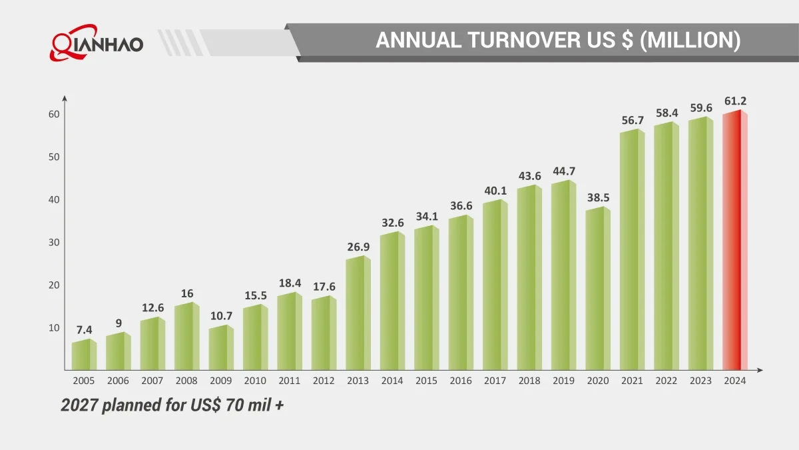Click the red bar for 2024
pyautogui.click(x=733, y=240)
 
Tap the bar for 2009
pyautogui.click(x=220, y=348)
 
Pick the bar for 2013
pyautogui.click(x=357, y=313)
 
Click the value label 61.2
pyautogui.click(x=735, y=101)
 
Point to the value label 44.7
pyautogui.click(x=564, y=171)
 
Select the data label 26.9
pyautogui.click(x=358, y=247)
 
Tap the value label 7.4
pyautogui.click(x=84, y=329)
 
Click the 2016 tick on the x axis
pyautogui.click(x=461, y=381)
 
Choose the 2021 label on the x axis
pyautogui.click(x=632, y=381)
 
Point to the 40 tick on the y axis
pyautogui.click(x=54, y=200)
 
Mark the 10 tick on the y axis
pyautogui.click(x=54, y=328)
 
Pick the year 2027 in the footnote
pyautogui.click(x=78, y=405)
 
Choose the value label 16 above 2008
pyautogui.click(x=187, y=293)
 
